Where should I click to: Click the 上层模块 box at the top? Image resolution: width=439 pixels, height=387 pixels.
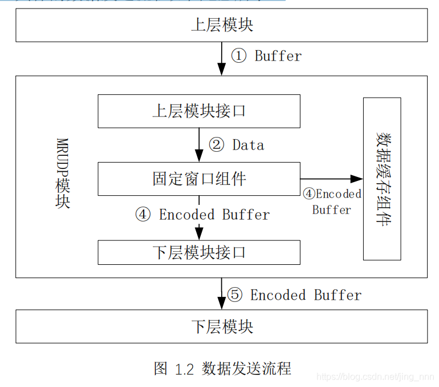pyautogui.click(x=221, y=25)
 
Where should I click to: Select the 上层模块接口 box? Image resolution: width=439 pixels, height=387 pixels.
pyautogui.click(x=199, y=111)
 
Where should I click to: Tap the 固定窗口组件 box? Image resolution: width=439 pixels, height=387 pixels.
pyautogui.click(x=199, y=179)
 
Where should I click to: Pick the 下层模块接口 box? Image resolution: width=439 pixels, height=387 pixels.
pyautogui.click(x=199, y=252)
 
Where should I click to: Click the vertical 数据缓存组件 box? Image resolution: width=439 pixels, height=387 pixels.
pyautogui.click(x=382, y=179)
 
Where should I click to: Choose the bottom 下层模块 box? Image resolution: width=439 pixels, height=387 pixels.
pyautogui.click(x=221, y=326)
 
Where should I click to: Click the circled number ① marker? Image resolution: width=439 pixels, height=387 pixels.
pyautogui.click(x=239, y=56)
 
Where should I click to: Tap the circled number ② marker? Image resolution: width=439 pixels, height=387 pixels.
pyautogui.click(x=216, y=145)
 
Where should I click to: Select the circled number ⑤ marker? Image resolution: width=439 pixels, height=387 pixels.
pyautogui.click(x=235, y=295)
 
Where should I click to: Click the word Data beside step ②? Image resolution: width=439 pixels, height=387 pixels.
pyautogui.click(x=248, y=145)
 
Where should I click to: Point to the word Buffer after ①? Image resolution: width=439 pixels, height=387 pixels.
pyautogui.click(x=278, y=56)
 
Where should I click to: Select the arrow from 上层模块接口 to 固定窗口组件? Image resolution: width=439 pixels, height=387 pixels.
pyautogui.click(x=199, y=145)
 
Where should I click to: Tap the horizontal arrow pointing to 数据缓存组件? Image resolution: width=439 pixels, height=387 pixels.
pyautogui.click(x=331, y=179)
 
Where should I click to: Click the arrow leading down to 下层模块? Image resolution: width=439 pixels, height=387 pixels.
pyautogui.click(x=221, y=294)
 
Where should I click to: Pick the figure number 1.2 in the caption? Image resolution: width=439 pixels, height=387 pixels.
pyautogui.click(x=185, y=369)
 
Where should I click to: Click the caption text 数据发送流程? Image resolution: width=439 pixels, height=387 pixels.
pyautogui.click(x=246, y=369)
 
